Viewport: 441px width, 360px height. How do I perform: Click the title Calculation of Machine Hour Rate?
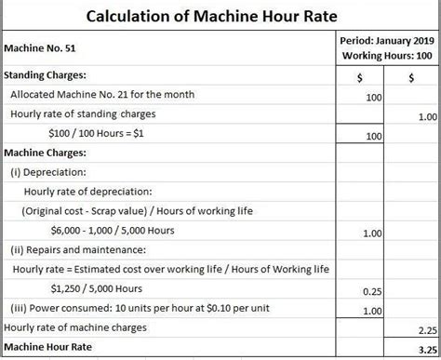[219, 16]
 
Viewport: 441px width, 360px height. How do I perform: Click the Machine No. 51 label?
[41, 49]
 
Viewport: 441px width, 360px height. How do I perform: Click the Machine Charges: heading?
[46, 153]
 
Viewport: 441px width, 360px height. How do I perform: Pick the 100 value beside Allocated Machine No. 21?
[374, 96]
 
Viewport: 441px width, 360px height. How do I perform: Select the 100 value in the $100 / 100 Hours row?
[374, 136]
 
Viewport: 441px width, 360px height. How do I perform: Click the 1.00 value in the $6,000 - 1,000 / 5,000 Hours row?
[371, 233]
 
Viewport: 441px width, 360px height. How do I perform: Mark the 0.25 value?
[371, 291]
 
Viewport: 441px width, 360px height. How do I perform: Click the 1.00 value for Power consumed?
[371, 311]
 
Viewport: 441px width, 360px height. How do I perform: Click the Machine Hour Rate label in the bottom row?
[50, 347]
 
